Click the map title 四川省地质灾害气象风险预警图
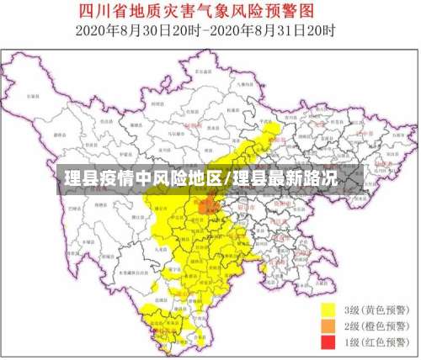click(x=210, y=12)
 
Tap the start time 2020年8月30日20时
click(x=135, y=31)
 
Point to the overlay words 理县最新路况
click(x=285, y=178)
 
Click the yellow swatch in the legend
click(x=328, y=310)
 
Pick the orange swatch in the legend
click(x=328, y=326)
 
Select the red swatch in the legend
click(x=328, y=342)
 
